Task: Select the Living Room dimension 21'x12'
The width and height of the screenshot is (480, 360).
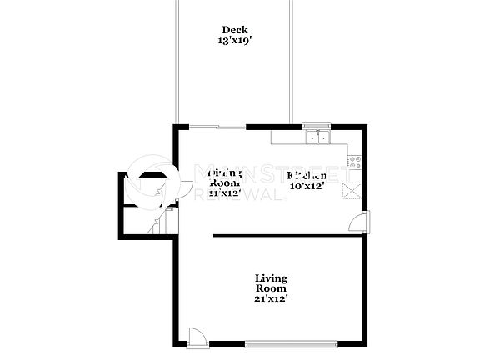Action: (272, 297)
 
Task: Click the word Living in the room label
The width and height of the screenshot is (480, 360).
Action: (272, 277)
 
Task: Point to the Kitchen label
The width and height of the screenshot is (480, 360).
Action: (306, 176)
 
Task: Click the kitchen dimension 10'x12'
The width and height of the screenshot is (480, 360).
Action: (306, 186)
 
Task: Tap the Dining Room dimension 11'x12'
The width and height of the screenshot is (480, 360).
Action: (224, 192)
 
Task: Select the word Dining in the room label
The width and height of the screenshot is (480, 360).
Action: (224, 173)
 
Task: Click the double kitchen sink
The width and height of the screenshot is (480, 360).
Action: (317, 137)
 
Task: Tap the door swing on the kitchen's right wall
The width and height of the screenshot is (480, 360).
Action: (356, 222)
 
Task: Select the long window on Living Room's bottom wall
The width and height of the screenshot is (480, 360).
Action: (292, 342)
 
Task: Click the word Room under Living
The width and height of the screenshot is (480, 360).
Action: (272, 287)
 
